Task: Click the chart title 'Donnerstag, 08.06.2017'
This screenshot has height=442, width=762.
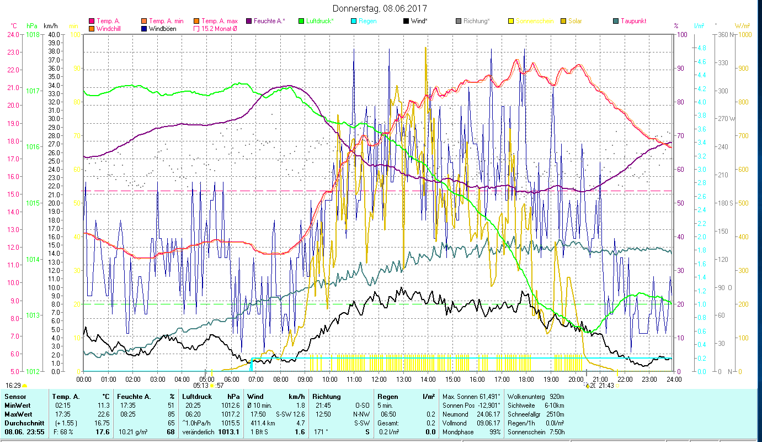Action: pyautogui.click(x=380, y=8)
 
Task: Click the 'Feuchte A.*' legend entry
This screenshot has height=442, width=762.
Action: pyautogui.click(x=269, y=21)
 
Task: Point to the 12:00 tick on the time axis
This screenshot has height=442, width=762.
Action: pyautogui.click(x=379, y=380)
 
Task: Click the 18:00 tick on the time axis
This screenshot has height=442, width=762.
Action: pyautogui.click(x=526, y=380)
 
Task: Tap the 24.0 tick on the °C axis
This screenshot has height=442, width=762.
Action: pyautogui.click(x=13, y=34)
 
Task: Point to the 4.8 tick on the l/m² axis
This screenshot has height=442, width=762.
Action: pyautogui.click(x=701, y=48)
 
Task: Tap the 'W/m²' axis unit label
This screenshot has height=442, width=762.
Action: pyautogui.click(x=742, y=26)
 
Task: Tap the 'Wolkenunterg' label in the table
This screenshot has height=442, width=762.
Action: pyautogui.click(x=526, y=396)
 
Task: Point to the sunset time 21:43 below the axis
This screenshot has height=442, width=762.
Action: pyautogui.click(x=606, y=385)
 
